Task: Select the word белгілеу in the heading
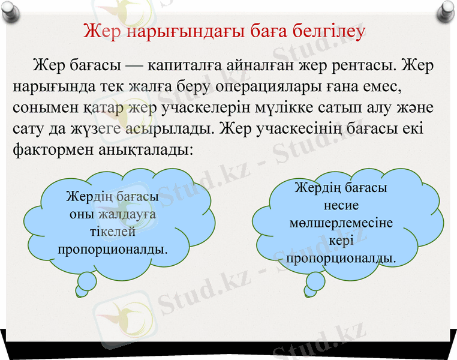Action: tap(324, 31)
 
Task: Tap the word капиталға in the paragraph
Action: tap(188, 65)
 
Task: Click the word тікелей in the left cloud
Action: tap(112, 231)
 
